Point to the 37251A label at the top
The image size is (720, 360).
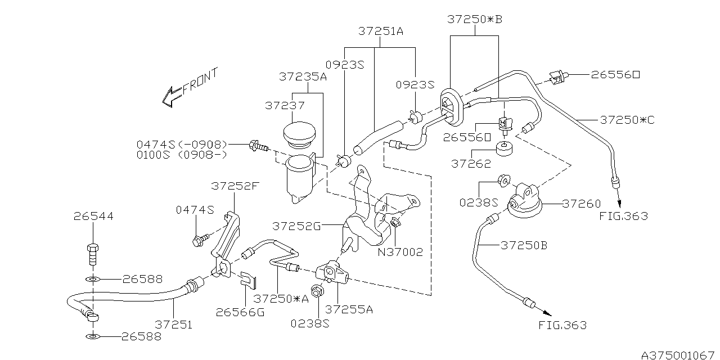(381, 32)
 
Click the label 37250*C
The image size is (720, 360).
(627, 120)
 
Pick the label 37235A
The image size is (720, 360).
(303, 76)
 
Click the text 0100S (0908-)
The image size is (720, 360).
(181, 155)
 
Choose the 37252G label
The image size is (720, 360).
(296, 226)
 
